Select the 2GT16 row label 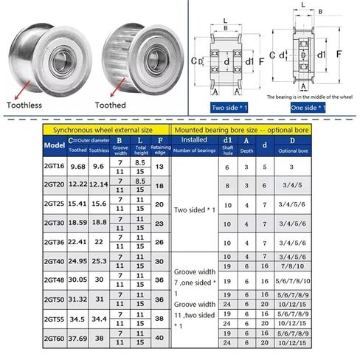(x=55, y=167)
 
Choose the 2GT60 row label (x=55, y=339)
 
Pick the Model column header (x=55, y=144)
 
